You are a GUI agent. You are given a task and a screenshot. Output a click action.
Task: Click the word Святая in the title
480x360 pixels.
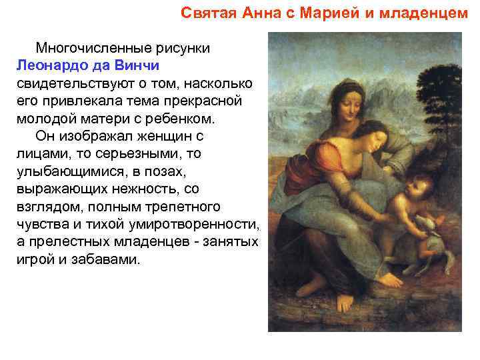click(x=207, y=13)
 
